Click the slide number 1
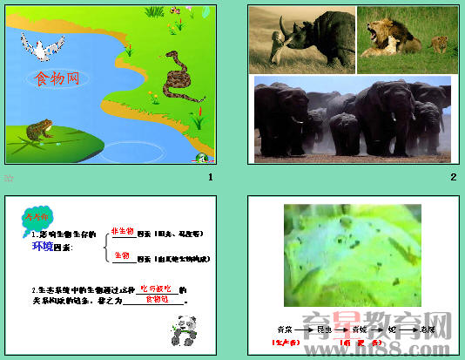(209, 178)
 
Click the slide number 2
(453, 178)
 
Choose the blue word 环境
(43, 247)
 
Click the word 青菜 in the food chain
(284, 330)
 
